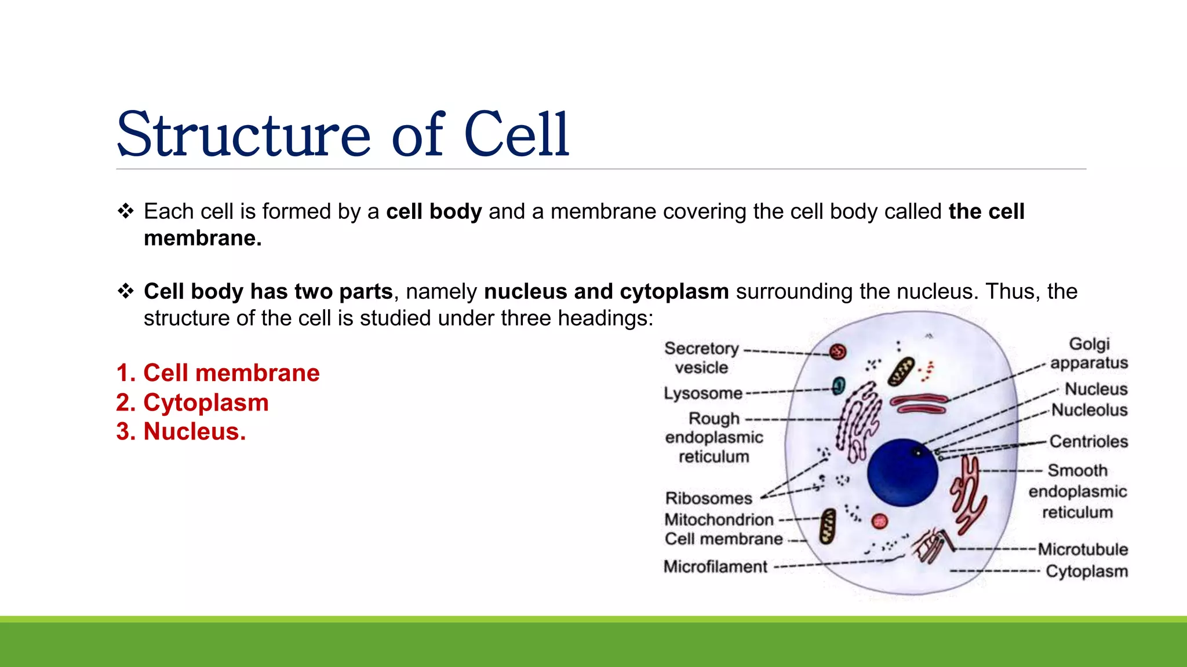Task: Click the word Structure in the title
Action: point(243,134)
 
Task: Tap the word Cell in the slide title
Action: point(516,134)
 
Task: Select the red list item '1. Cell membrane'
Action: point(218,373)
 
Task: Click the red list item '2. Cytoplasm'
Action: point(192,402)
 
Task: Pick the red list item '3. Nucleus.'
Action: point(181,431)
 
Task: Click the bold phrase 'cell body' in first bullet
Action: point(434,211)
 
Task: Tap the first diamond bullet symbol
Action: point(125,211)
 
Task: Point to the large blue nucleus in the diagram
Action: point(902,472)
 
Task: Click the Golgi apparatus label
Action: point(1089,353)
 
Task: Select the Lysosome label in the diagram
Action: point(703,393)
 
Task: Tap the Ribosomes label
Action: point(708,498)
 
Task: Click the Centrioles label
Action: point(1088,441)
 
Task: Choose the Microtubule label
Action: point(1083,549)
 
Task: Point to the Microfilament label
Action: point(715,566)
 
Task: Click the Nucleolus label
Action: point(1090,410)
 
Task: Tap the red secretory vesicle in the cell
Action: point(838,351)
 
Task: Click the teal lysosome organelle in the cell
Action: point(839,386)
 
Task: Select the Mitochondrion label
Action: point(719,519)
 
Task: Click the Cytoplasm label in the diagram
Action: point(1087,571)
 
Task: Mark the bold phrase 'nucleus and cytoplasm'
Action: point(606,291)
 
